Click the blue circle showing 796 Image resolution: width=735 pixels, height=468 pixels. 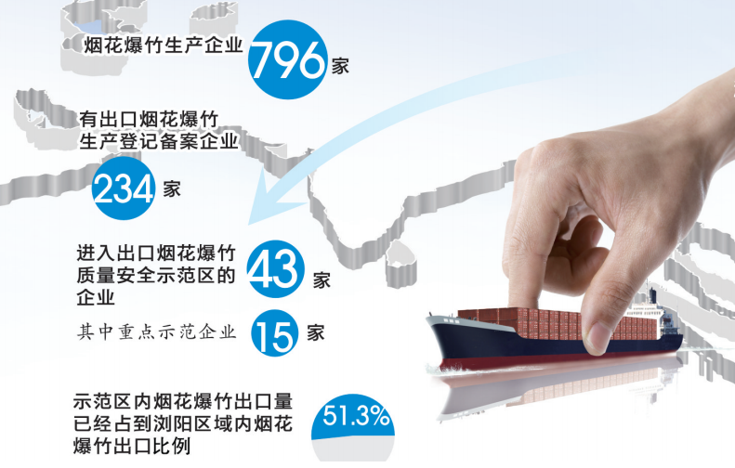287,59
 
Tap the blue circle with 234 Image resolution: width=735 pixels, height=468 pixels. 124,188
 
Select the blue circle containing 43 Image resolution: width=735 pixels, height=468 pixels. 275,269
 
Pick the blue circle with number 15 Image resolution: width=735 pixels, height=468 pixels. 275,333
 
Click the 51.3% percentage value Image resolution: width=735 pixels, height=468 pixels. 356,415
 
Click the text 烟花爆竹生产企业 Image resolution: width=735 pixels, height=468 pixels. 164,45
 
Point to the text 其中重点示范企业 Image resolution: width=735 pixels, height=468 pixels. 156,331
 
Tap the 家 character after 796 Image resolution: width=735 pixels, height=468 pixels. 340,66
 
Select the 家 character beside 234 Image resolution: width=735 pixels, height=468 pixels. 172,188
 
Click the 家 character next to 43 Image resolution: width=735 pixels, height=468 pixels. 322,280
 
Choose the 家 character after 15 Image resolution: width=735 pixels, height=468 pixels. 316,332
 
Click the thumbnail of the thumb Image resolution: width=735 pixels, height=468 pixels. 597,337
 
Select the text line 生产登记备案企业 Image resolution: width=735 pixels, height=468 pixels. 159,140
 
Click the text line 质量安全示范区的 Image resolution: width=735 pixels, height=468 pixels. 155,275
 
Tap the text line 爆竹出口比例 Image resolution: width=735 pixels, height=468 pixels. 132,446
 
